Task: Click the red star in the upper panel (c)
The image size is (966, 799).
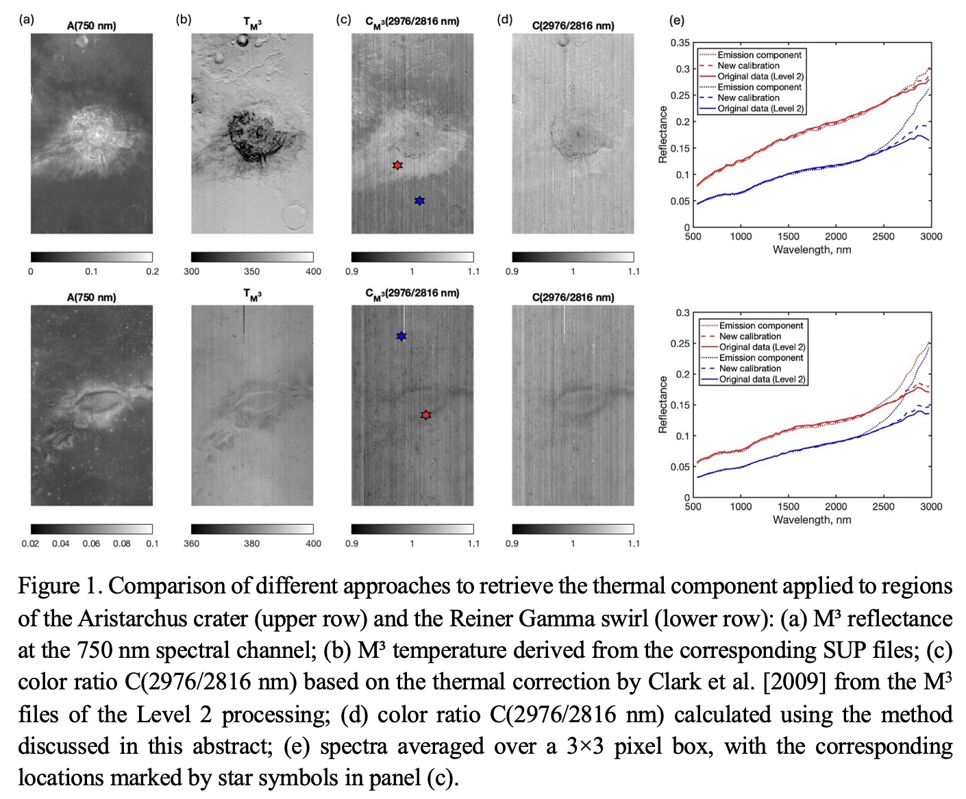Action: coord(397,165)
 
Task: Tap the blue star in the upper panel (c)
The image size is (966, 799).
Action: coord(419,201)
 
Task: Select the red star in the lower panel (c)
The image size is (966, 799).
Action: coord(425,415)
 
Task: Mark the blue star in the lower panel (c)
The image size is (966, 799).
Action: coord(401,336)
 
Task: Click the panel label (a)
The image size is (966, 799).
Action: coord(26,20)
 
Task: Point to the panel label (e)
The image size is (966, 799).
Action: coord(676,21)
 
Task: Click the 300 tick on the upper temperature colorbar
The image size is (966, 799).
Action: coord(192,271)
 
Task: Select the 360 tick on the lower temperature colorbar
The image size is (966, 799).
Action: coord(192,543)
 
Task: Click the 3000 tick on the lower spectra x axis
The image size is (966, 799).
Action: coord(930,506)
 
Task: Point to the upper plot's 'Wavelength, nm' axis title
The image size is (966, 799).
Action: coord(812,249)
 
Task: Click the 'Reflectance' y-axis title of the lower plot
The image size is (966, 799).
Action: coord(662,404)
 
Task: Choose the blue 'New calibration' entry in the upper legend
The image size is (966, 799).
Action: coord(749,97)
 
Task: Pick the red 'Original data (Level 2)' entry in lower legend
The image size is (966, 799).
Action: coord(762,347)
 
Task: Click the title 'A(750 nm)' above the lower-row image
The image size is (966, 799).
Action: coord(91,297)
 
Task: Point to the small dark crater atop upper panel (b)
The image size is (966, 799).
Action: coord(242,42)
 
